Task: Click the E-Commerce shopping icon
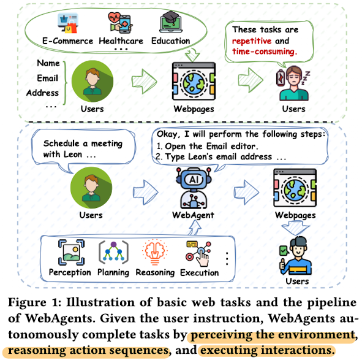(68, 23)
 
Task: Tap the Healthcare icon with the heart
(120, 23)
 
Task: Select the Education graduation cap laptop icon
(171, 22)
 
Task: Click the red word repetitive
(252, 41)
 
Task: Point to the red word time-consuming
(265, 52)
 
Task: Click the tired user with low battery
(293, 83)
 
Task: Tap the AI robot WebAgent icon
(194, 188)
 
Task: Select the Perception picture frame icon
(71, 252)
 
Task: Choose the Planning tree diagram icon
(113, 252)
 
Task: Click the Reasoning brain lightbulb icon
(155, 252)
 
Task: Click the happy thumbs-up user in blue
(295, 256)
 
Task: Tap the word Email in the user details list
(47, 78)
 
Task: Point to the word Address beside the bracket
(42, 93)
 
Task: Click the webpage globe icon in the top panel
(194, 81)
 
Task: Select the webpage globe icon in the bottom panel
(295, 188)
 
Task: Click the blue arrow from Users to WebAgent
(145, 193)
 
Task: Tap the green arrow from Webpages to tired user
(251, 80)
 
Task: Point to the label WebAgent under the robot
(193, 215)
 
